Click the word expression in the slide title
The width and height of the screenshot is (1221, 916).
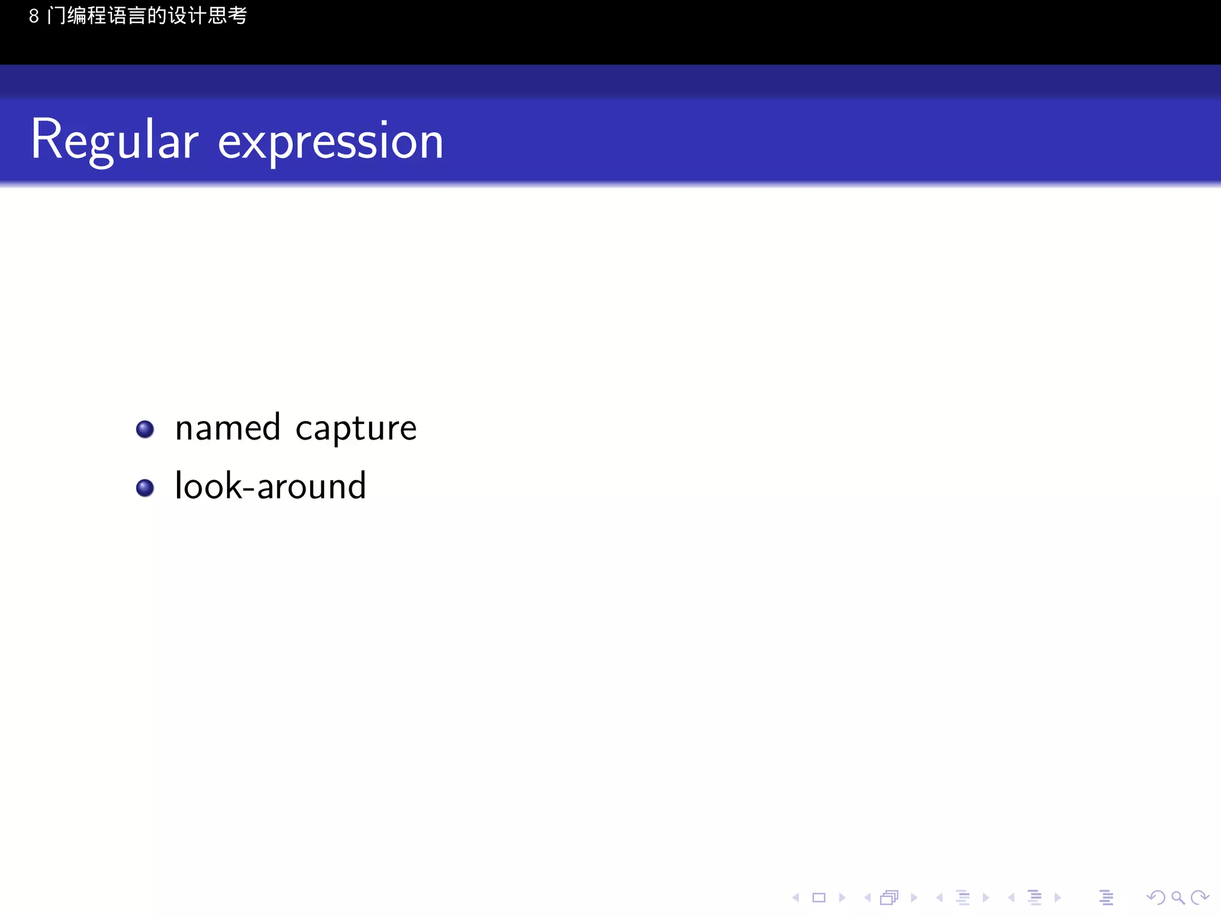[x=331, y=142]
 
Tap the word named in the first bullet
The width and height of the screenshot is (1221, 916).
[x=228, y=428]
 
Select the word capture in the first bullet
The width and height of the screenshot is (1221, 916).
[x=356, y=429]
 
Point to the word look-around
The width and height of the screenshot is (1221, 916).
[x=270, y=485]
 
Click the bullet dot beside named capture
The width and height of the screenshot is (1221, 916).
[x=145, y=429]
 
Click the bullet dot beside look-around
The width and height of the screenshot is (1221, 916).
[x=145, y=487]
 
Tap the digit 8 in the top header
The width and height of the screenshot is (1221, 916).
[x=34, y=16]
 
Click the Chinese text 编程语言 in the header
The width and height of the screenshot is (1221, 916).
[x=107, y=16]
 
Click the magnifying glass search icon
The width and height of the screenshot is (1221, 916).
[x=1177, y=898]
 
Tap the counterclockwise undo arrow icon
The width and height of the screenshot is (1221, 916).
[x=1155, y=898]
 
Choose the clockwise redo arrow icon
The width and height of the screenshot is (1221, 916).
[x=1199, y=898]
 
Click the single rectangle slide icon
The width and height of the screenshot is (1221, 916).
[x=819, y=898]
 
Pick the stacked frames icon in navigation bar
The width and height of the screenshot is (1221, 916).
[x=889, y=898]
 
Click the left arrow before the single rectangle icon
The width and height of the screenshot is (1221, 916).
[x=796, y=898]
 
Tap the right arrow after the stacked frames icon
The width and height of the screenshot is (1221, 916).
[x=913, y=898]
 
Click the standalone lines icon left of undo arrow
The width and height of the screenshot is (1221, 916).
[x=1106, y=898]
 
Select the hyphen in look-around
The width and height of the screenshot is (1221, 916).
[x=249, y=489]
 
